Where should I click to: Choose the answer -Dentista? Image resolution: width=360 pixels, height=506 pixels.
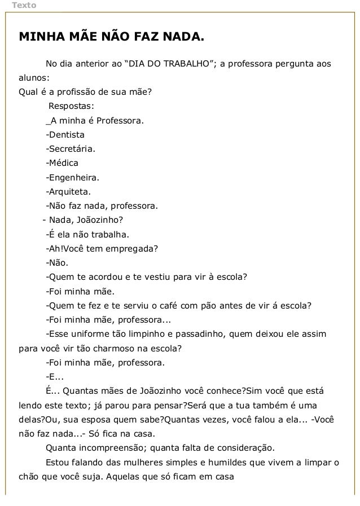click(x=65, y=135)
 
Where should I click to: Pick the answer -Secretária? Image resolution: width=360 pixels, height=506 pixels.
click(x=71, y=150)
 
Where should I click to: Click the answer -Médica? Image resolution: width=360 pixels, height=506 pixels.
click(x=62, y=164)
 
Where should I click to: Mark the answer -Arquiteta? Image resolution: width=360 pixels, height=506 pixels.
click(x=68, y=193)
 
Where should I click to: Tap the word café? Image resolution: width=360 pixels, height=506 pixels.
click(x=181, y=306)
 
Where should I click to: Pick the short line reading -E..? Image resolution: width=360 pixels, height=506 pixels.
click(x=55, y=376)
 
